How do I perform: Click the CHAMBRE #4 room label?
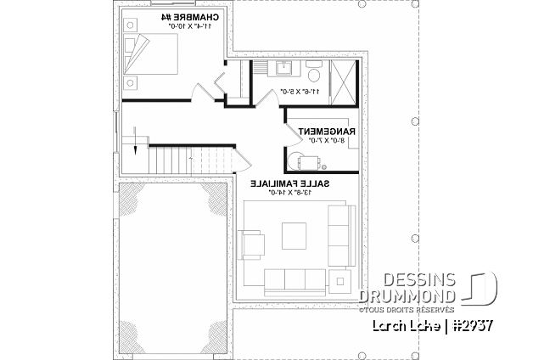tap(188, 18)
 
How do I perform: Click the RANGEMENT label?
tap(325, 132)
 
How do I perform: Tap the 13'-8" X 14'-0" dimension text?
tap(289, 193)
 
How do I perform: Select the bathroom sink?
tap(283, 70)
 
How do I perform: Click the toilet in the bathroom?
tap(313, 69)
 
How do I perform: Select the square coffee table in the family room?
tap(294, 233)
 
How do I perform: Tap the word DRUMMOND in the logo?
tap(408, 295)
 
